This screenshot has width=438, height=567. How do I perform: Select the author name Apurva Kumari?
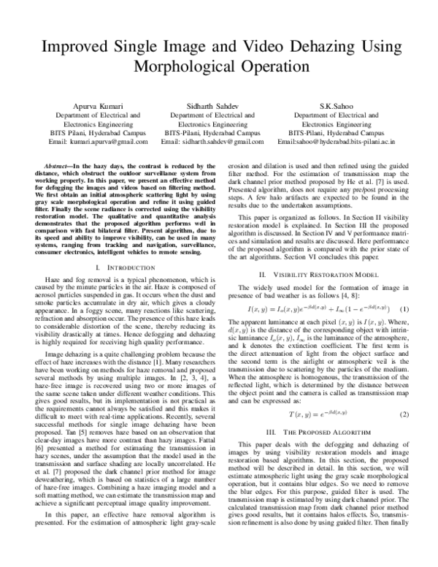[x=82, y=106]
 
